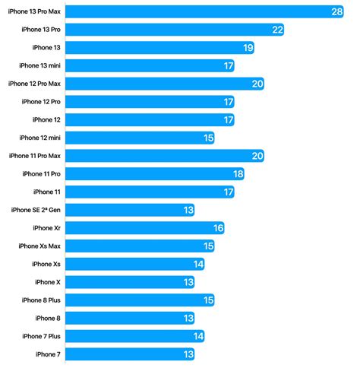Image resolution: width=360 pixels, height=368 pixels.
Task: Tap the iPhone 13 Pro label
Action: point(43,30)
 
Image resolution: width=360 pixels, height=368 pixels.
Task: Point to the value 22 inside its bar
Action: point(277,30)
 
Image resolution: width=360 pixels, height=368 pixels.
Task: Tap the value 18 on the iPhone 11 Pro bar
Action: point(238,174)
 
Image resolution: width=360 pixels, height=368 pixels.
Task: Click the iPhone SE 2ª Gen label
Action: point(36,210)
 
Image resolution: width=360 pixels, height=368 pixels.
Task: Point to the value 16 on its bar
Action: point(218,228)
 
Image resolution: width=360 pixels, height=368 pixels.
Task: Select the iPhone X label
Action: point(47,282)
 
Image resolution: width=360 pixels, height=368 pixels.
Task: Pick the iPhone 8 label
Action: point(47,318)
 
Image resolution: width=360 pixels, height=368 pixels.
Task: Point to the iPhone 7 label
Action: point(47,354)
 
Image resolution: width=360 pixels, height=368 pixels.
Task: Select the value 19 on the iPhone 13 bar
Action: point(248,48)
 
